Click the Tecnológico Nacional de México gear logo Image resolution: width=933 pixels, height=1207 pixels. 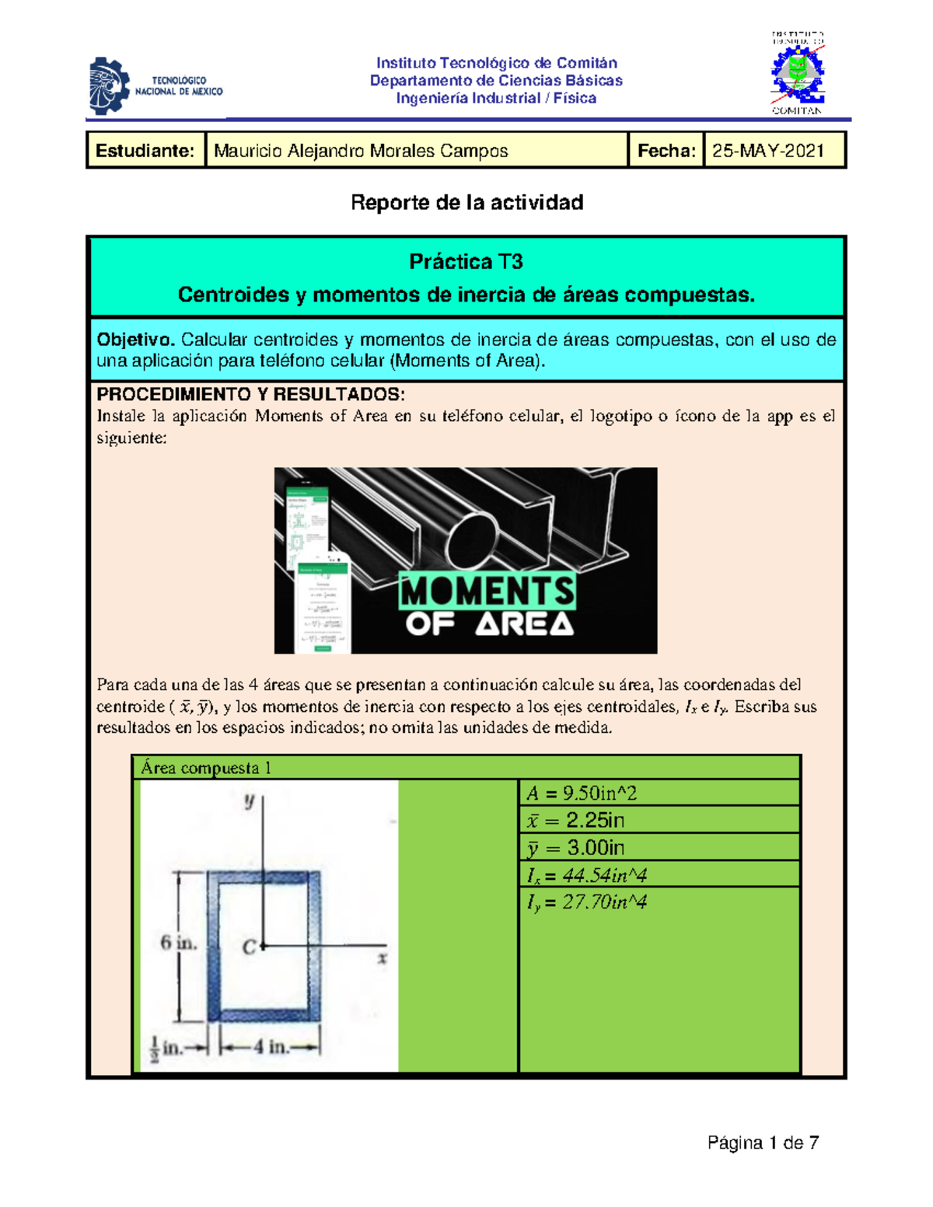pos(110,85)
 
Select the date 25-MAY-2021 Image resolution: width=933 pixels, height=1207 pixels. pos(768,151)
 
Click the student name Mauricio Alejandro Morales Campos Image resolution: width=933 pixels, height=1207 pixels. pos(361,151)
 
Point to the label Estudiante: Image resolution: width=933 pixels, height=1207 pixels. pos(145,151)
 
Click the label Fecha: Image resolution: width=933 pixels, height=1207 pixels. pos(666,151)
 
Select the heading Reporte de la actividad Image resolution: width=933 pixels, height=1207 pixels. pos(466,203)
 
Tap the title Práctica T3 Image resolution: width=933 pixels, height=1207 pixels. pos(466,262)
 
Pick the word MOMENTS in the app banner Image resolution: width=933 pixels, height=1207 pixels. pos(487,591)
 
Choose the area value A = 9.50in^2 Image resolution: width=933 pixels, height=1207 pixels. pos(582,794)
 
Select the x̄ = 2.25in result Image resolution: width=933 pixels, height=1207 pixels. pos(575,821)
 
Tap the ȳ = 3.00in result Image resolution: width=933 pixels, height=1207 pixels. pos(575,848)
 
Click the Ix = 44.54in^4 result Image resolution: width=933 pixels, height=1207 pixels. pos(587,875)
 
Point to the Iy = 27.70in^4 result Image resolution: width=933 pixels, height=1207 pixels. pos(587,902)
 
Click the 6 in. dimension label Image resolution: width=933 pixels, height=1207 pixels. pos(178,944)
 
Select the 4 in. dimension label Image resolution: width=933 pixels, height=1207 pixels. pos(269,1047)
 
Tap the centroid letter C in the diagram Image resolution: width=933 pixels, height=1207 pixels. pos(249,947)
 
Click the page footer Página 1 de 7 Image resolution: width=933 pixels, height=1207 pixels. pos(763,1142)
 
